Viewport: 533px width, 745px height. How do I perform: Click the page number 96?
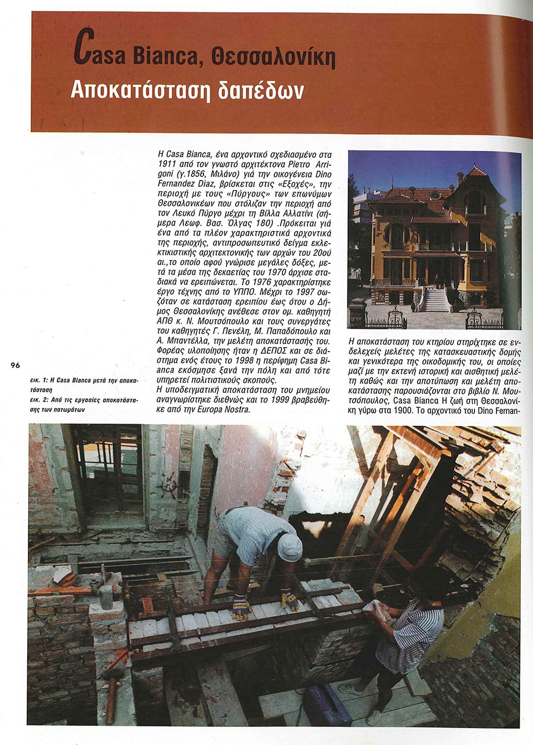pyautogui.click(x=15, y=365)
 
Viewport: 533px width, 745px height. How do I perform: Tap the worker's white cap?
pyautogui.click(x=289, y=547)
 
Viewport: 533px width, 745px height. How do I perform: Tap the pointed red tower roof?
pyautogui.click(x=476, y=172)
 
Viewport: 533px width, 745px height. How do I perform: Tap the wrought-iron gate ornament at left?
pyautogui.click(x=396, y=317)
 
